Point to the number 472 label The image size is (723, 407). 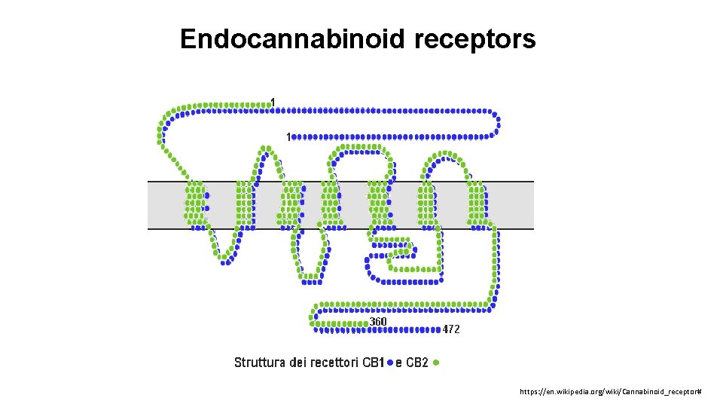tap(451, 329)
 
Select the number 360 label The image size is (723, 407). tap(378, 322)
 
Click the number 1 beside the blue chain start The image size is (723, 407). tap(287, 136)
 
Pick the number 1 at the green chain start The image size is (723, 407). tap(273, 102)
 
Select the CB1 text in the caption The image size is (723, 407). tap(374, 363)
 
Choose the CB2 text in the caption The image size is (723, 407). tap(417, 363)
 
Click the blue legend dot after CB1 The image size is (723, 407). tap(389, 363)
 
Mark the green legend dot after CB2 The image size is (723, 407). tap(438, 363)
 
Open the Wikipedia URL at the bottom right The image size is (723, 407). tap(611, 393)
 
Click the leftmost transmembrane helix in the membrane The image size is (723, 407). tap(195, 204)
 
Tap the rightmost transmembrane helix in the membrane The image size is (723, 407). tap(477, 204)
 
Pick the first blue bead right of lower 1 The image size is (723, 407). tap(294, 137)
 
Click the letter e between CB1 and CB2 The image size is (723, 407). tap(398, 363)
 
